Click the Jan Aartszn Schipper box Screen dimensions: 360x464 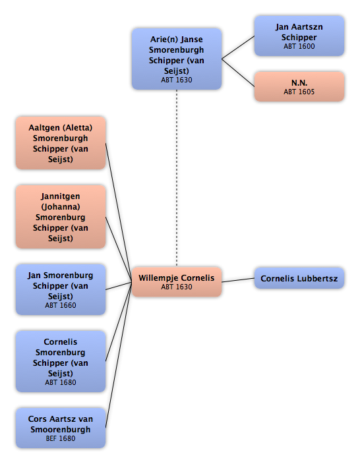pyautogui.click(x=299, y=36)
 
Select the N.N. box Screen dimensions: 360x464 pyautogui.click(x=299, y=86)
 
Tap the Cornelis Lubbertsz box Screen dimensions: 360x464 pyautogui.click(x=299, y=278)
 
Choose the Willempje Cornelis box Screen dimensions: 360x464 pyautogui.click(x=177, y=281)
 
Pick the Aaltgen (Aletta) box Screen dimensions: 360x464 pyautogui.click(x=61, y=143)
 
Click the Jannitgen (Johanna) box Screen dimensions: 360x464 pyautogui.click(x=61, y=217)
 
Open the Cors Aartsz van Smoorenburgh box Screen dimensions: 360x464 pyautogui.click(x=61, y=428)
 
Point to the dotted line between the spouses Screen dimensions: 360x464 pyautogui.click(x=177, y=178)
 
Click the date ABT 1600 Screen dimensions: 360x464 pyautogui.click(x=299, y=46)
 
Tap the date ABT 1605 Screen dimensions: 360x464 pyautogui.click(x=299, y=92)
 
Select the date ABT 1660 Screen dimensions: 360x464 pyautogui.click(x=61, y=305)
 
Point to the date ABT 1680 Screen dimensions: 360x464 pyautogui.click(x=61, y=382)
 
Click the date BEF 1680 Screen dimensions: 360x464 pyautogui.click(x=61, y=438)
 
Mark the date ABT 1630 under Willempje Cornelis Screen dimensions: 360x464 pyautogui.click(x=177, y=287)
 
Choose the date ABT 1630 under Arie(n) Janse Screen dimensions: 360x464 pyautogui.click(x=177, y=80)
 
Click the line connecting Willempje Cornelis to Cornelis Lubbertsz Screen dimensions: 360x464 pyautogui.click(x=238, y=280)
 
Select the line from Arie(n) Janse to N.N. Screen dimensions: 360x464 pyautogui.click(x=238, y=72)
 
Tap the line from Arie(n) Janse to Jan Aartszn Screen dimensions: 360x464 pyautogui.click(x=238, y=47)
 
